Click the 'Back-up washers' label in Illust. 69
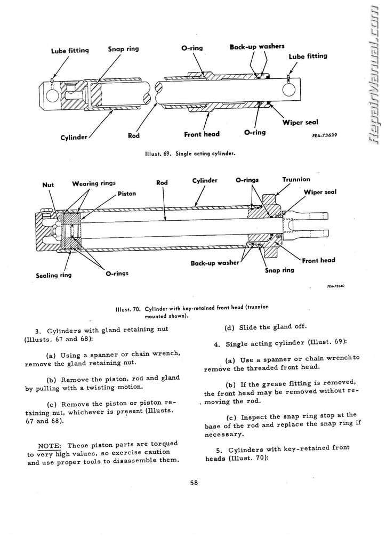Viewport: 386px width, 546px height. (x=257, y=47)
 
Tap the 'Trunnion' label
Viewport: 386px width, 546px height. (x=296, y=180)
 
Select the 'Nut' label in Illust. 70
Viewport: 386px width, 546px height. (x=48, y=185)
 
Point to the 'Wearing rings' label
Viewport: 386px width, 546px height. (x=94, y=184)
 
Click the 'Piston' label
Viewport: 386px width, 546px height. (x=127, y=194)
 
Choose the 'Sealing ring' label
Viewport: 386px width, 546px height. (x=53, y=276)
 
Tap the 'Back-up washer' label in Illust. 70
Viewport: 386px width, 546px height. (x=215, y=263)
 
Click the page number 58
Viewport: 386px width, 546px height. (x=194, y=484)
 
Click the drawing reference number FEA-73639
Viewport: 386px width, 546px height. (x=325, y=135)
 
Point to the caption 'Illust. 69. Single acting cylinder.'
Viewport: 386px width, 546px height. (x=190, y=153)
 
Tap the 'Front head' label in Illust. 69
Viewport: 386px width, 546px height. (x=202, y=134)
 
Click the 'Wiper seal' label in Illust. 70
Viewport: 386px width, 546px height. (x=320, y=192)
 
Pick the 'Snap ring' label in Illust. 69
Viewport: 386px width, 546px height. (x=123, y=49)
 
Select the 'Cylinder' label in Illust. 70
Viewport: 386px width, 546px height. (x=205, y=181)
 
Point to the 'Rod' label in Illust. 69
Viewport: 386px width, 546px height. (x=134, y=135)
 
